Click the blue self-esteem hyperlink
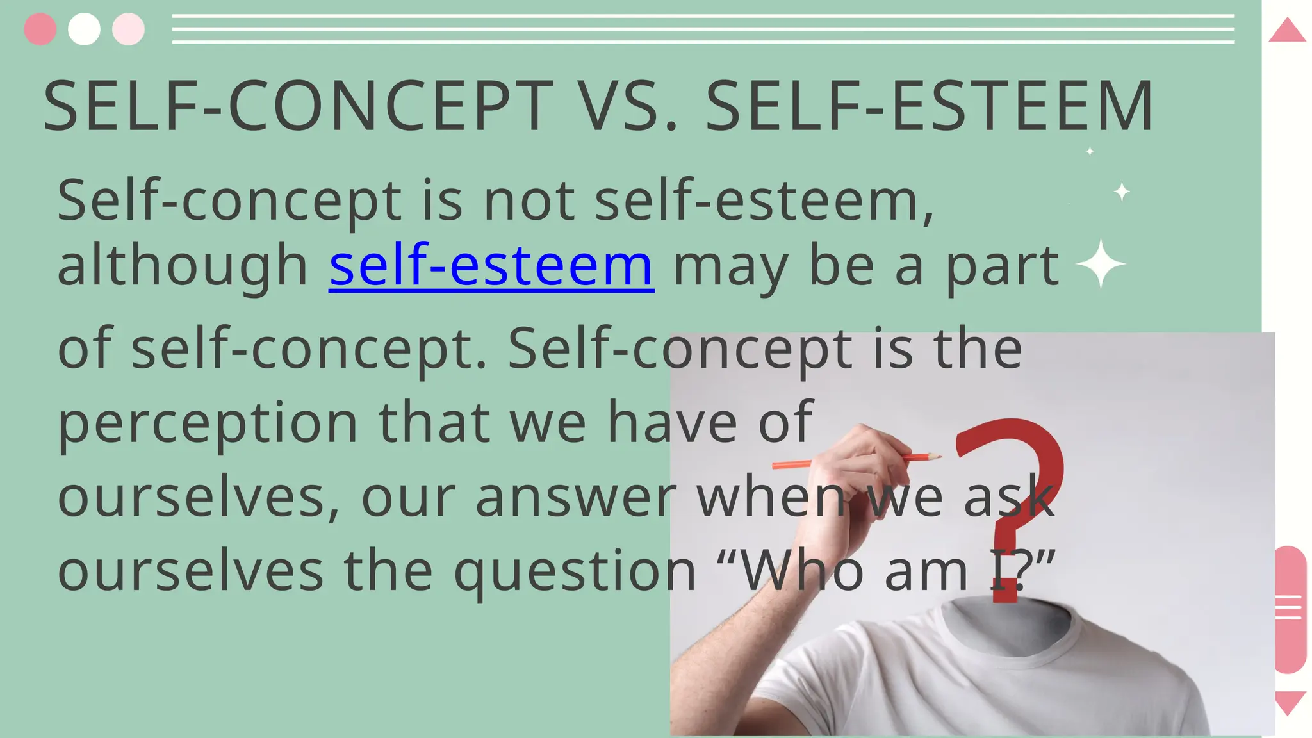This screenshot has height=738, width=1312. [491, 265]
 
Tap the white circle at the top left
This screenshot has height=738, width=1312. [84, 29]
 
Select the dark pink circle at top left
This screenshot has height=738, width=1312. [40, 29]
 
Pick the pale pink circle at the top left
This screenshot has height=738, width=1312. [128, 29]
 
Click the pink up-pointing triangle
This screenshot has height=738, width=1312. [1287, 31]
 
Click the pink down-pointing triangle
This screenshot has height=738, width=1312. [1290, 702]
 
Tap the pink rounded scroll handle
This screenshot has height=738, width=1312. [1290, 609]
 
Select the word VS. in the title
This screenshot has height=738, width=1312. [629, 106]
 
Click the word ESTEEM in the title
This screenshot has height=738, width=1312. [1022, 106]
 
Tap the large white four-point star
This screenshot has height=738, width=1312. [1101, 264]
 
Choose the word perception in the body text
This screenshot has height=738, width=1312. [208, 423]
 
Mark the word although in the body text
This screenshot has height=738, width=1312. [183, 265]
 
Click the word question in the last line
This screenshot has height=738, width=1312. [575, 570]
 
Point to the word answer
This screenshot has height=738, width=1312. [575, 497]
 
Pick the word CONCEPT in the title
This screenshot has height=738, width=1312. [391, 106]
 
